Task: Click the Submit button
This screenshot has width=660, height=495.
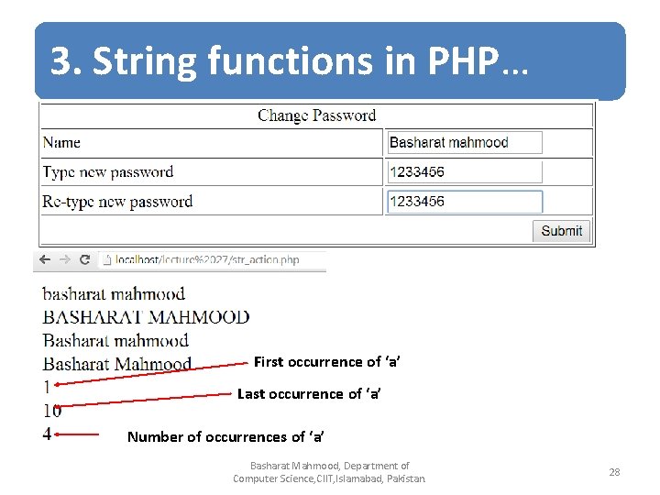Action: pos(561,231)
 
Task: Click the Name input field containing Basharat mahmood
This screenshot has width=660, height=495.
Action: pos(464,142)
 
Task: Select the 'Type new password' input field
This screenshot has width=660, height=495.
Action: pos(464,171)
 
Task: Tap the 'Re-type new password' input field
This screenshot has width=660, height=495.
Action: pos(464,202)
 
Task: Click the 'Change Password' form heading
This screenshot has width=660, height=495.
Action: pos(316,115)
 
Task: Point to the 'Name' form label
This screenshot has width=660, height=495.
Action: pos(61,143)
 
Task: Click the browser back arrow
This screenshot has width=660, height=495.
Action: pos(44,260)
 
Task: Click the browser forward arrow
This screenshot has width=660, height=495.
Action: pos(65,260)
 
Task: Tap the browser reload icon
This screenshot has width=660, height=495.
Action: pos(85,260)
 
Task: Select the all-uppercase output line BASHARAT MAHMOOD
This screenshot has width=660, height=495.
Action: pos(146,317)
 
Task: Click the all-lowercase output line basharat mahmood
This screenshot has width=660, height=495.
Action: pos(114,294)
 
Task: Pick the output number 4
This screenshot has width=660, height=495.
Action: pos(47,434)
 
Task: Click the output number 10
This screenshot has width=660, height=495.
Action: pos(52,411)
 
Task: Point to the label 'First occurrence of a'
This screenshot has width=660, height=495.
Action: pos(326,362)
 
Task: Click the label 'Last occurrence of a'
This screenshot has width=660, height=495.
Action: pos(309,394)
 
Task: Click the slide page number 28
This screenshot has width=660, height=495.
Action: pos(614,472)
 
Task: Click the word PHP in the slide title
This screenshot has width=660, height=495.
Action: pos(464,62)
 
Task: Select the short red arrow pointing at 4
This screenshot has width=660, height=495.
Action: pos(82,434)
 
